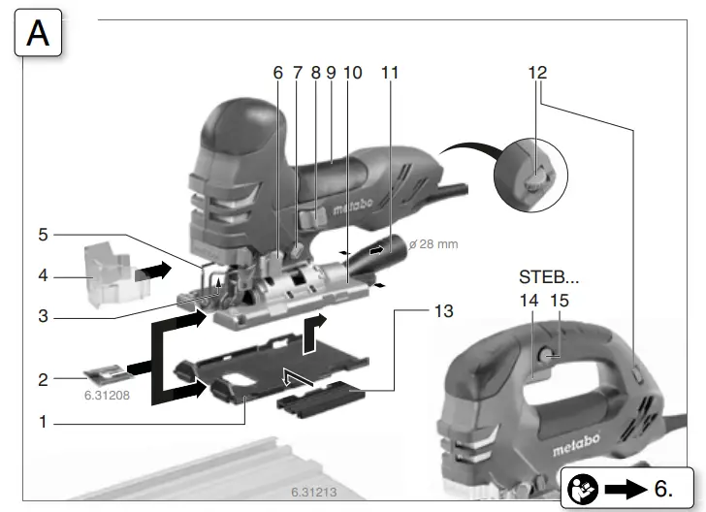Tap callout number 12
click(538, 73)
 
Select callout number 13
click(444, 311)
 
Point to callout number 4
click(43, 275)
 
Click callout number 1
click(43, 422)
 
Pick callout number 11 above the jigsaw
click(390, 73)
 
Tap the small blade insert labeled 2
click(105, 373)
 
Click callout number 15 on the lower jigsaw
click(559, 301)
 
